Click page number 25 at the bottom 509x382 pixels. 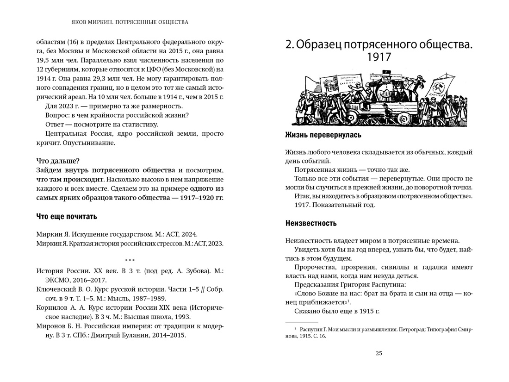pyautogui.click(x=379, y=353)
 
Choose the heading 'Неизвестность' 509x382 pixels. pyautogui.click(x=310, y=223)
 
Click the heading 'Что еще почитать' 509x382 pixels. pyautogui.click(x=66, y=216)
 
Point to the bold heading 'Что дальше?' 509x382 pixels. pyautogui.click(x=58, y=161)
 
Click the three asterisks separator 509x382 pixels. pyautogui.click(x=130, y=261)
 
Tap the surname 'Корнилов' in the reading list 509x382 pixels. pyautogui.click(x=52, y=307)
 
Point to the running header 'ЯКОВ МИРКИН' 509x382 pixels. pyautogui.click(x=86, y=22)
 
